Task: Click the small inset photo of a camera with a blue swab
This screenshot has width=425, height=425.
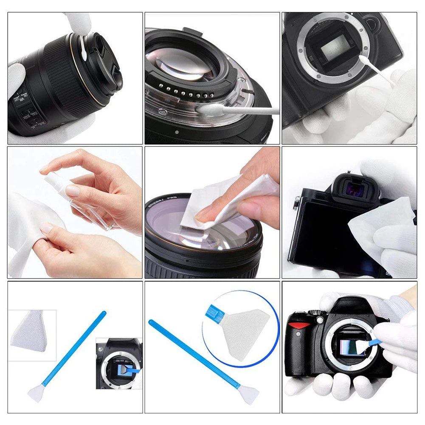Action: click(119, 363)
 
